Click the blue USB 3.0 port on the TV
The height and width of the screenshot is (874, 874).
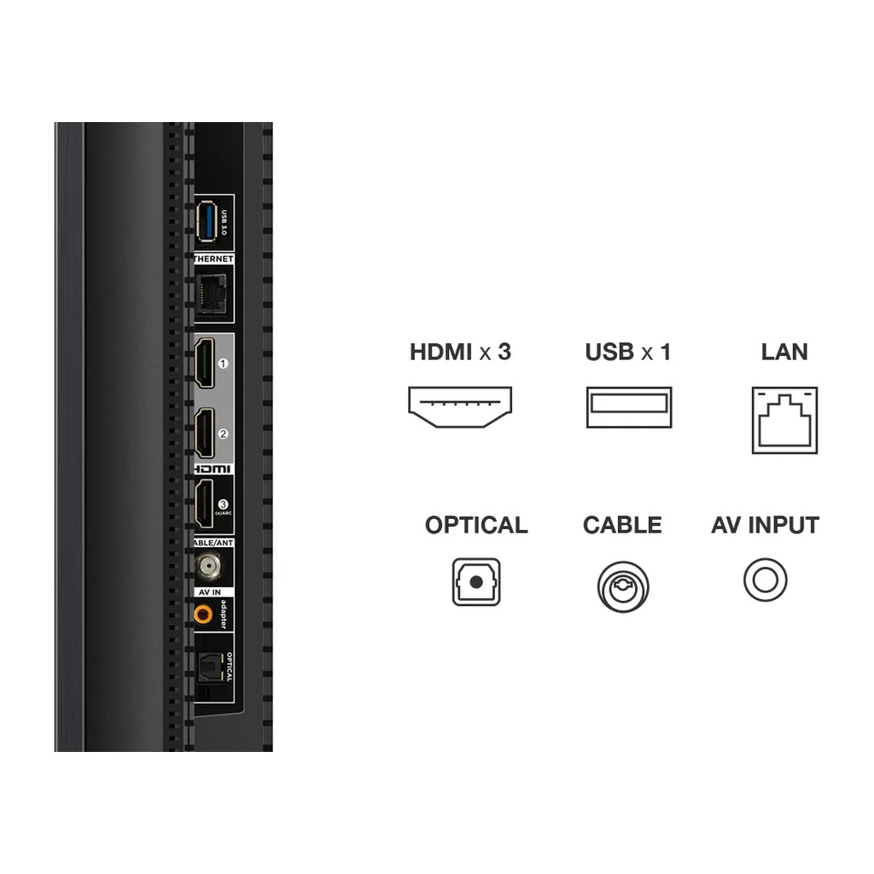tap(206, 222)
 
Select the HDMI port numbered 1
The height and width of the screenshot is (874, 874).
tap(205, 364)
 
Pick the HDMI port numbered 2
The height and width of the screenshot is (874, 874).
tap(205, 433)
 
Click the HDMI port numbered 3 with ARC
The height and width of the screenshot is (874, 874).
tap(204, 504)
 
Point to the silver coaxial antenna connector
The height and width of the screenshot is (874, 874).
tap(205, 564)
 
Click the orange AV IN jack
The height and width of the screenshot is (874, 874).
tap(203, 613)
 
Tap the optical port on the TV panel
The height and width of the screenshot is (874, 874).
tap(207, 667)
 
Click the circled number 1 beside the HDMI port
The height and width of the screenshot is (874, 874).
tap(224, 363)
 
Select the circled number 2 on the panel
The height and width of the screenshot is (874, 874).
tap(224, 434)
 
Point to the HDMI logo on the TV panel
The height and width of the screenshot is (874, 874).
tap(213, 469)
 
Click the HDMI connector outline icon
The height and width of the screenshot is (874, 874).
tap(459, 406)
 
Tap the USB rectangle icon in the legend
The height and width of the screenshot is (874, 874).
tap(628, 407)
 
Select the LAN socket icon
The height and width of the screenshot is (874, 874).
tap(784, 420)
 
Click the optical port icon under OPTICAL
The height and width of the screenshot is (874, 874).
tap(476, 582)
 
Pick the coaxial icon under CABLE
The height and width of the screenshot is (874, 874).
tap(622, 586)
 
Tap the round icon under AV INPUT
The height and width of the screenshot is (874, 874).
tap(765, 580)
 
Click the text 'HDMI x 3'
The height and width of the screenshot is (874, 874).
tap(460, 352)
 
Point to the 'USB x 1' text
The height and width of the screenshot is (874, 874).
tap(628, 352)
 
